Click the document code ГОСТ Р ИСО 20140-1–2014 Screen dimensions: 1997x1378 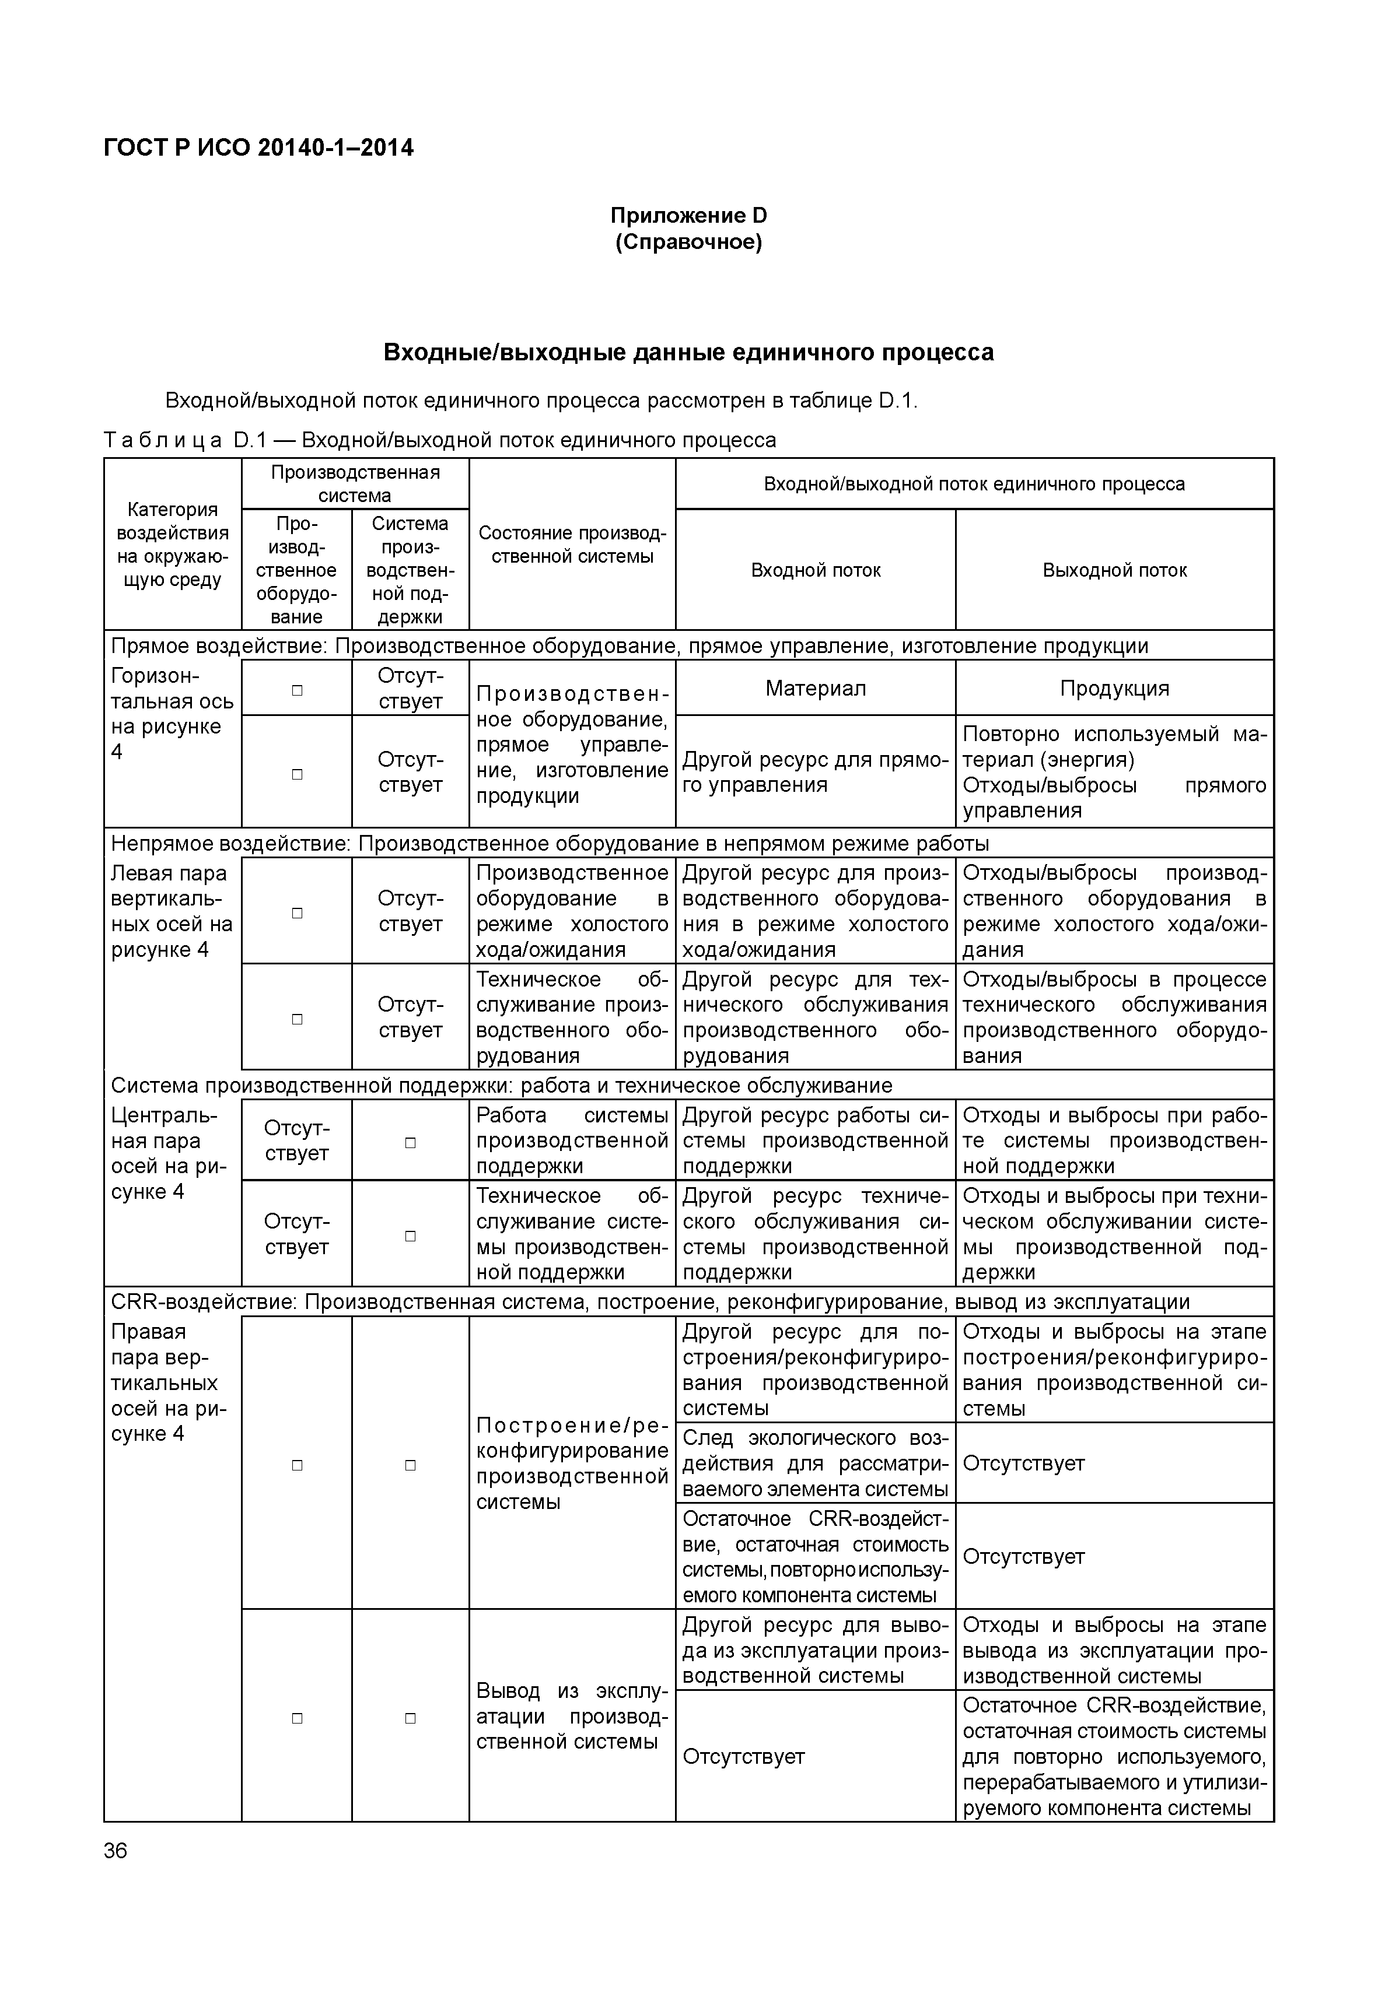pos(258,149)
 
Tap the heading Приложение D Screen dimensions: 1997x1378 pos(688,215)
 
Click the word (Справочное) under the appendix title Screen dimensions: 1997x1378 pos(688,243)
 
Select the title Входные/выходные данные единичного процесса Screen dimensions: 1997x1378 pos(688,352)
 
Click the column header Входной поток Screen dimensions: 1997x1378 pos(815,570)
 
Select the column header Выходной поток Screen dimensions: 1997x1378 pos(1114,570)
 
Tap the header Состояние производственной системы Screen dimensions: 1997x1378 pos(572,545)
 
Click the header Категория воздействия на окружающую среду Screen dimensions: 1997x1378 pos(173,545)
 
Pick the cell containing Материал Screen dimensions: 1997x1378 pos(815,688)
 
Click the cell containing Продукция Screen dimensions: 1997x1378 pos(1114,688)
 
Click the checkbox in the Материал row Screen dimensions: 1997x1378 pos(297,690)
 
